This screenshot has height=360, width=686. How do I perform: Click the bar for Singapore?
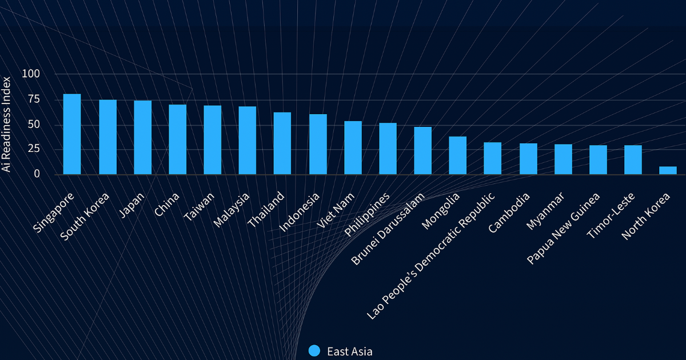click(x=72, y=134)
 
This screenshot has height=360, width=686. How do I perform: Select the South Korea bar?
click(x=107, y=137)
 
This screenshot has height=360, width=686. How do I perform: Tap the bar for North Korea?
click(x=668, y=170)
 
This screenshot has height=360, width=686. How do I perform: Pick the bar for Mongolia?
click(x=457, y=155)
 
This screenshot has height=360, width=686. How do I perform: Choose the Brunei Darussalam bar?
click(x=422, y=151)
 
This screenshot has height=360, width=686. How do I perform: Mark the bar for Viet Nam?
click(x=353, y=148)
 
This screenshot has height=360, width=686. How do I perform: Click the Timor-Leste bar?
click(x=633, y=160)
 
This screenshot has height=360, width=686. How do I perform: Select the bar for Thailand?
click(x=282, y=143)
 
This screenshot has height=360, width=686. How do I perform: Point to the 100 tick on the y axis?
click(x=31, y=74)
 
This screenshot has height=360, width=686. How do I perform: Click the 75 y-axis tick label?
click(x=34, y=99)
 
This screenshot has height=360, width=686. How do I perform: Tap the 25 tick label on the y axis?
click(x=34, y=149)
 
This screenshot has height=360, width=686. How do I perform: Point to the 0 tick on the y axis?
click(x=37, y=174)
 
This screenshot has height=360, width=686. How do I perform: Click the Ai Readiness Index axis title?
click(x=6, y=123)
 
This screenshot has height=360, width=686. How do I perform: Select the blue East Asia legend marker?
click(x=314, y=351)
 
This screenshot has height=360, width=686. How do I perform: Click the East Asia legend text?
click(x=349, y=351)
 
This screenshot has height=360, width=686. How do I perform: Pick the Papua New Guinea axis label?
click(x=564, y=228)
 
